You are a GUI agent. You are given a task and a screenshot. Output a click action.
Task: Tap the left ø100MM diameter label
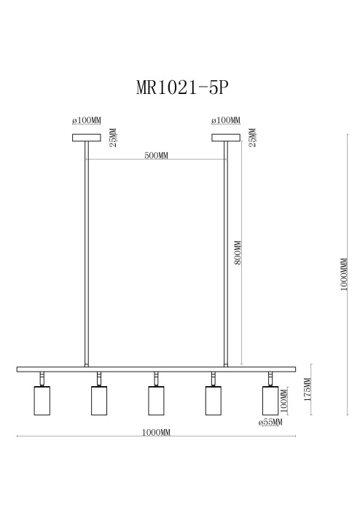click(x=86, y=120)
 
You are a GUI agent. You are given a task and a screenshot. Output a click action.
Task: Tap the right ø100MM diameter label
click(x=226, y=120)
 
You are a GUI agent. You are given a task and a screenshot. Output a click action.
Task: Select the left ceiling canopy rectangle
click(x=87, y=136)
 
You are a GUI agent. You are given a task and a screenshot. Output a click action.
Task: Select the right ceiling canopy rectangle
click(x=226, y=136)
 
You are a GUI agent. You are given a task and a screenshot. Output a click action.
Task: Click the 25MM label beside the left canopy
click(x=112, y=137)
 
